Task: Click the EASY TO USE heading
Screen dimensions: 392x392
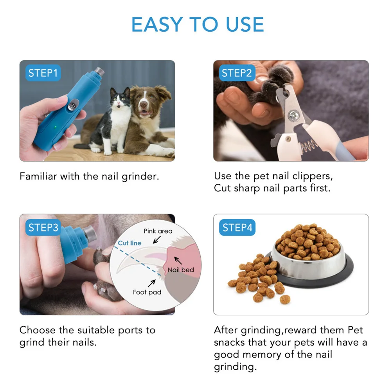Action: pos(198,25)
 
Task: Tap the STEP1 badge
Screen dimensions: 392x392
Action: pos(43,73)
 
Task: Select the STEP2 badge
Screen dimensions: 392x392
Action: pos(236,73)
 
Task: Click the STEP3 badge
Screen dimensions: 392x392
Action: pos(43,228)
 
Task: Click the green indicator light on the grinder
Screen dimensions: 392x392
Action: pos(56,126)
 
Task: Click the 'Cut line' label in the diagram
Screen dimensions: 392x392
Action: pos(129,243)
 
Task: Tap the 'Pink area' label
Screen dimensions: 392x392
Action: pos(158,231)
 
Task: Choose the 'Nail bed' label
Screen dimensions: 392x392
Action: pos(180,270)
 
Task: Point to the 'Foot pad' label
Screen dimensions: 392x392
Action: pos(147,292)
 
